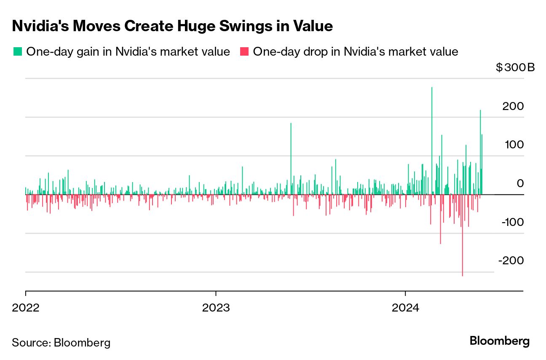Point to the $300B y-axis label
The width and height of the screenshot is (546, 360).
pyautogui.click(x=515, y=67)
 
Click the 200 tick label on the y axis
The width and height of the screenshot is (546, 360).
pyautogui.click(x=513, y=106)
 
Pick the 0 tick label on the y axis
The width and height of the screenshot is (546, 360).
pyautogui.click(x=520, y=183)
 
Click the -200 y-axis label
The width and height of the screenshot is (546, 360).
pyautogui.click(x=511, y=261)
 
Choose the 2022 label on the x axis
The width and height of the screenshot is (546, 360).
pyautogui.click(x=26, y=307)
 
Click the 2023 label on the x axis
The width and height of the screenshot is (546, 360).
pyautogui.click(x=215, y=307)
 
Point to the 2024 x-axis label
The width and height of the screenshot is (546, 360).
pyautogui.click(x=405, y=307)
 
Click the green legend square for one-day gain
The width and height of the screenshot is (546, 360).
pyautogui.click(x=17, y=52)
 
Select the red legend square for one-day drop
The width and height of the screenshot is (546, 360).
pyautogui.click(x=244, y=52)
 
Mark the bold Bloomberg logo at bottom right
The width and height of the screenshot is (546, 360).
pyautogui.click(x=500, y=341)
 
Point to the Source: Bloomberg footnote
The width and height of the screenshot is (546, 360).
pyautogui.click(x=61, y=342)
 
